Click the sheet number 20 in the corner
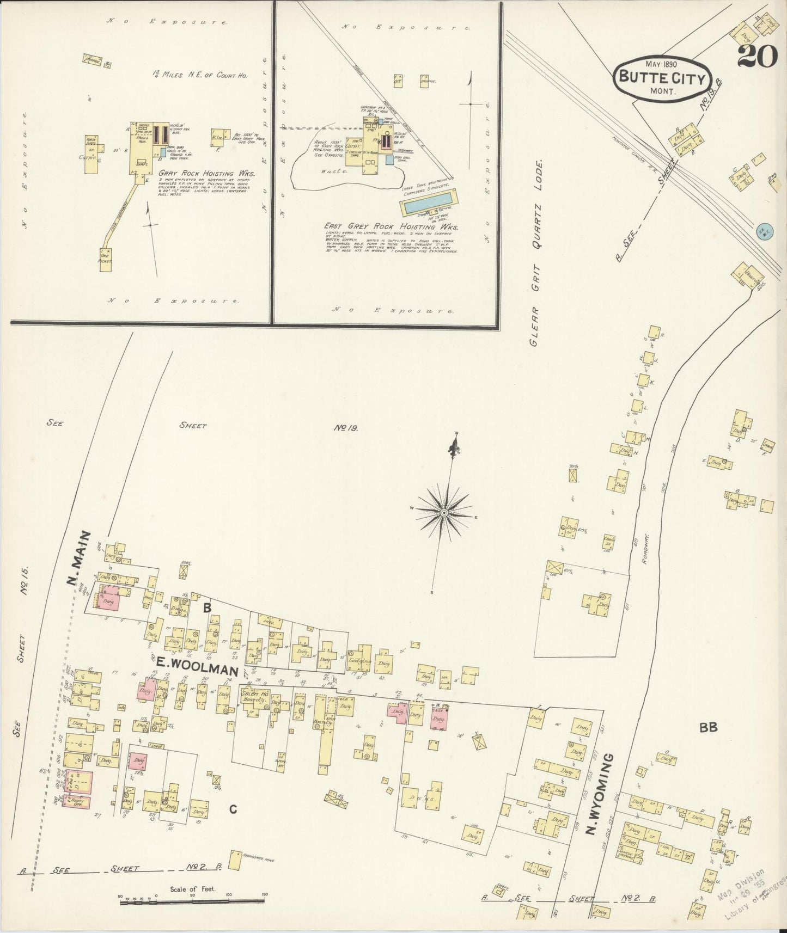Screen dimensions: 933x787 point(758,56)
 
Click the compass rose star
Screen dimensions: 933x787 point(444,512)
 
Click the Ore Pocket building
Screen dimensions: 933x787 point(105,256)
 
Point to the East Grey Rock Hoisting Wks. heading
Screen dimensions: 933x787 point(391,227)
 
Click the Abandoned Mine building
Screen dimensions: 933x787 point(235,861)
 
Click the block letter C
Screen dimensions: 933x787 point(233,809)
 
